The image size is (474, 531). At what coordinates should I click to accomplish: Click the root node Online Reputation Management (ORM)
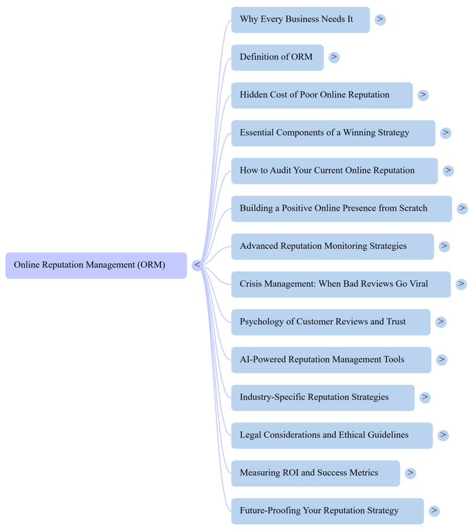tap(96, 265)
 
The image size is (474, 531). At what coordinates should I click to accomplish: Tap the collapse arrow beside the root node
tap(197, 265)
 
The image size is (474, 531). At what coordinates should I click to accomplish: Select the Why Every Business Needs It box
tap(300, 20)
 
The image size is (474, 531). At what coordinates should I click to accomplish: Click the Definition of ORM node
tap(276, 57)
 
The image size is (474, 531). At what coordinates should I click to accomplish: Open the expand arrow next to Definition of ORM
tap(334, 57)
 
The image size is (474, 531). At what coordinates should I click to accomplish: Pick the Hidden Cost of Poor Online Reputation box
tap(322, 95)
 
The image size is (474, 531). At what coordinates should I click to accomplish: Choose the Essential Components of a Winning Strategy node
tap(333, 133)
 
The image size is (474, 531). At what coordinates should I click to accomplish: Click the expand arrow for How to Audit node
tap(448, 170)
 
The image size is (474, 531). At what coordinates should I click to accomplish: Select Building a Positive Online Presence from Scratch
tap(341, 209)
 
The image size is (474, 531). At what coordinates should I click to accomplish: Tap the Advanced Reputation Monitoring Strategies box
tap(332, 246)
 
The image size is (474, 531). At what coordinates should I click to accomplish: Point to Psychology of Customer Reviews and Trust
tap(330, 322)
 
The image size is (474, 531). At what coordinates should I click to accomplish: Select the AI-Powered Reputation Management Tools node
tap(331, 359)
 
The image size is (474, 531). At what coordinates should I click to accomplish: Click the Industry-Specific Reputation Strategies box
tap(323, 397)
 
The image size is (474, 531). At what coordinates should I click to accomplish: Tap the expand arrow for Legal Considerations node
tap(443, 435)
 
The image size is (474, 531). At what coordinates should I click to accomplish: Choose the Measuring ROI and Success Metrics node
tap(315, 473)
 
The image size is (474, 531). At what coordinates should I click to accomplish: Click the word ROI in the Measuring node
tap(291, 473)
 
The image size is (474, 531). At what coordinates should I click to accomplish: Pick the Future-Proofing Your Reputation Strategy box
tap(327, 511)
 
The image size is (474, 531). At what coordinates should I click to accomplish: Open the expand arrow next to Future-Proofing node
tap(434, 511)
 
